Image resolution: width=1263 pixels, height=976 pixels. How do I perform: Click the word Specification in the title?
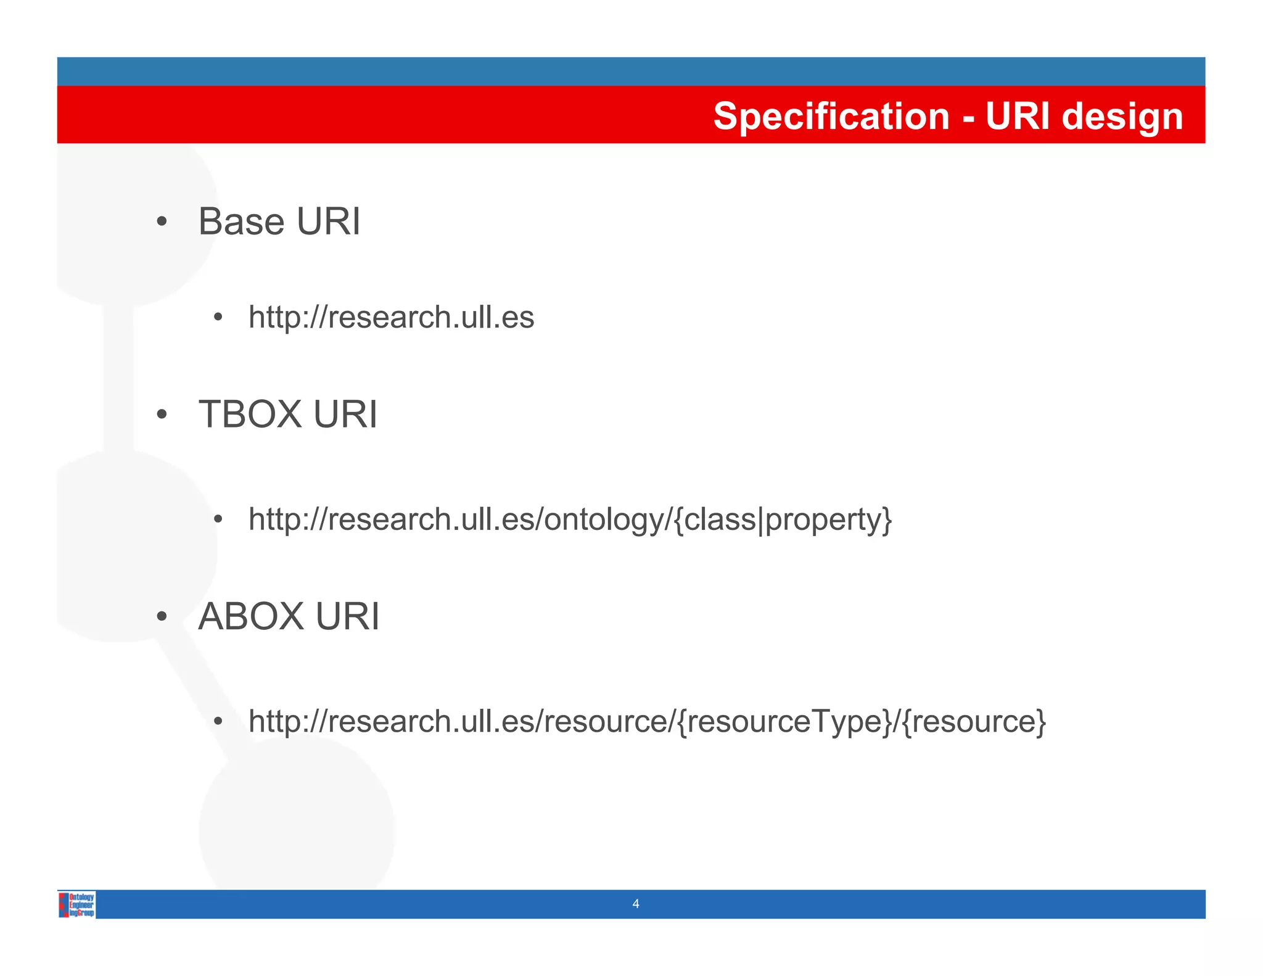coord(831,116)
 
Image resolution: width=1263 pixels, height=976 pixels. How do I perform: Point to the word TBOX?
coord(250,414)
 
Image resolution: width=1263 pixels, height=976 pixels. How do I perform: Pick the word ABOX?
coord(251,616)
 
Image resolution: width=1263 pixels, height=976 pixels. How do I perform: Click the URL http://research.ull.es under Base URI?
coord(391,317)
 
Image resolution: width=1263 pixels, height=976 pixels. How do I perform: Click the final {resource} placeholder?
coord(974,722)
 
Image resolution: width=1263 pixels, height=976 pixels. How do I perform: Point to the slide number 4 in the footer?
coord(636,904)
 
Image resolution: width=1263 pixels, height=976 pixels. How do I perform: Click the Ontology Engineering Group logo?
coord(77,904)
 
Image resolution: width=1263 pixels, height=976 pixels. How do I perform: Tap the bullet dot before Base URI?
coord(162,222)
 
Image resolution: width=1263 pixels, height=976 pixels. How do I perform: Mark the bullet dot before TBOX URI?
coord(162,415)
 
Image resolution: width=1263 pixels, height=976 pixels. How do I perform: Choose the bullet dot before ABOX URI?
coord(162,617)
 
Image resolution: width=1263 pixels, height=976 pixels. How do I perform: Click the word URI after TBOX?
coord(345,414)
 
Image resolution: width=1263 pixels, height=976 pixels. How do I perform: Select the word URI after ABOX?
coord(347,616)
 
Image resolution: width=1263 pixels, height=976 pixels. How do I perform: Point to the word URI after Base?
coord(328,221)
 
